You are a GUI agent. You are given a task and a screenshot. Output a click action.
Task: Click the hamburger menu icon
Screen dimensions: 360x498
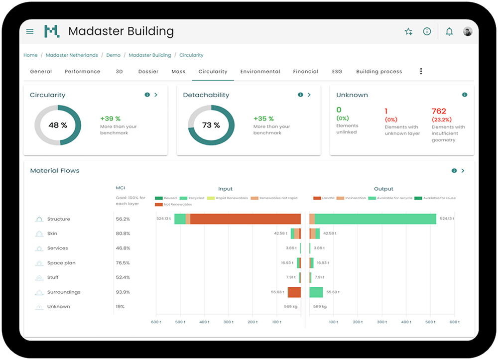click(30, 31)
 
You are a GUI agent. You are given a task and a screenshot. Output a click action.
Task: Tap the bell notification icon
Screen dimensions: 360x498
click(449, 31)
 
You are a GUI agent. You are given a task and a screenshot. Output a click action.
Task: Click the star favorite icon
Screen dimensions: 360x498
click(408, 31)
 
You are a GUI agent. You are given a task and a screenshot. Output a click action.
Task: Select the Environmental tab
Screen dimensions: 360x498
click(260, 72)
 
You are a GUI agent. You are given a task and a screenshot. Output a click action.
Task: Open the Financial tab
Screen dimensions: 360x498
click(305, 72)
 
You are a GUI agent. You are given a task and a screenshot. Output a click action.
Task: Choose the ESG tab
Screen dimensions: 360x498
click(337, 72)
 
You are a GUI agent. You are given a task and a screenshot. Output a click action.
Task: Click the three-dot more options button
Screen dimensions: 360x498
click(421, 71)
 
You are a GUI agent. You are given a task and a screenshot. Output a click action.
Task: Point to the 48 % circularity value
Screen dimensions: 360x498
click(58, 125)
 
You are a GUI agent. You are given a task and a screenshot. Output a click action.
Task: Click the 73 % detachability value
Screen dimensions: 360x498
click(211, 125)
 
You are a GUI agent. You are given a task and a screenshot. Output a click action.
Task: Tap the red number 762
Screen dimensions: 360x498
click(439, 111)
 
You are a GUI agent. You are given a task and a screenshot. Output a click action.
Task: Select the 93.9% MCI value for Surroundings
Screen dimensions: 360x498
click(123, 292)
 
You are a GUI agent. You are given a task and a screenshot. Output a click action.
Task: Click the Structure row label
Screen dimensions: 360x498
click(58, 219)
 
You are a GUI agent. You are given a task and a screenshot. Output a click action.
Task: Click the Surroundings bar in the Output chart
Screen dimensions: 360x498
click(316, 292)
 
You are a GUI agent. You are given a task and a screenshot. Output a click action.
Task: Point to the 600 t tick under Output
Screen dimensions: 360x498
click(454, 322)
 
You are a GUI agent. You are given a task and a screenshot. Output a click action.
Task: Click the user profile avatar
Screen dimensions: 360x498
click(468, 31)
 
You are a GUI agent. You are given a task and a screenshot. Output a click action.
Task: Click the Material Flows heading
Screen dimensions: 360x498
click(55, 171)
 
